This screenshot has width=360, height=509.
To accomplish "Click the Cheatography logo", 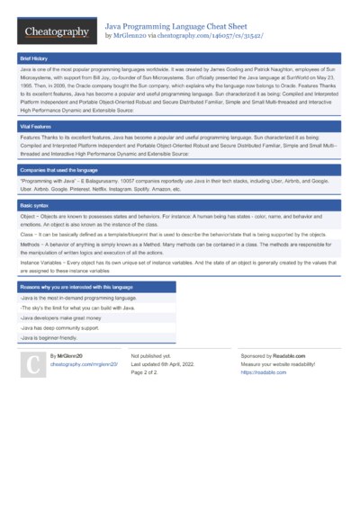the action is tap(57, 31).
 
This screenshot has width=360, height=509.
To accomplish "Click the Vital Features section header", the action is tap(37, 127).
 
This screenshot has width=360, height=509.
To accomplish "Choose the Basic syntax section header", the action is tap(36, 206).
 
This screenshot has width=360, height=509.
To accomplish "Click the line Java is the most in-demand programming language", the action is tap(78, 297).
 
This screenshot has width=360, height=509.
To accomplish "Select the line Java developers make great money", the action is tap(64, 318).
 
